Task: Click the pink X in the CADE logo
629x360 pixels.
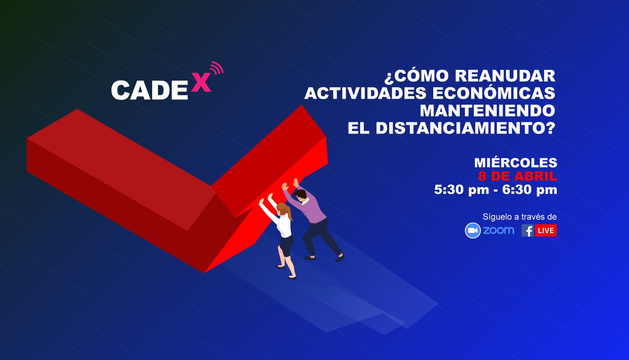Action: [201, 82]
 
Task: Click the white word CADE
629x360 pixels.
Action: [150, 90]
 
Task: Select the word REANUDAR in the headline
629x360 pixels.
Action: [505, 76]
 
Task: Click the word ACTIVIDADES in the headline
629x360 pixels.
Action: [365, 93]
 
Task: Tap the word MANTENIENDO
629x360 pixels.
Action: [487, 111]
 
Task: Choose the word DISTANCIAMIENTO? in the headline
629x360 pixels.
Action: [466, 128]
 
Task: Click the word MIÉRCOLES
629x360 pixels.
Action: [516, 162]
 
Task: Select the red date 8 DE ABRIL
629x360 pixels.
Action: [518, 176]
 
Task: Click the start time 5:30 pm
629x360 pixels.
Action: [462, 189]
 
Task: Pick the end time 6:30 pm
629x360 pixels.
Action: [529, 189]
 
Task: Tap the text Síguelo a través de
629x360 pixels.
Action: [520, 217]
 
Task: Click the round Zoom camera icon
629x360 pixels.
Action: [473, 230]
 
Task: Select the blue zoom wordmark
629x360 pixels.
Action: [499, 230]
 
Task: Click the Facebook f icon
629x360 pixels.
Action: [528, 230]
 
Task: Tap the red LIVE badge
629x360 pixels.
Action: [546, 230]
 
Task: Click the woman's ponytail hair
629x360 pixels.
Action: [289, 213]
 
